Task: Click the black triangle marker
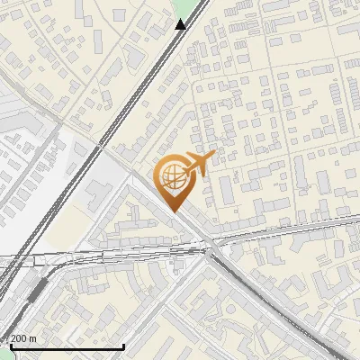click(181, 24)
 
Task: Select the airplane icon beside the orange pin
click(199, 164)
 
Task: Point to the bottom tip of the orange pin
click(173, 211)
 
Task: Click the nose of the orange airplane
click(213, 157)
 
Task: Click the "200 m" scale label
click(23, 338)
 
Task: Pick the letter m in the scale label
click(33, 338)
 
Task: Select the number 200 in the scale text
click(18, 338)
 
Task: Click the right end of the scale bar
click(123, 345)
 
